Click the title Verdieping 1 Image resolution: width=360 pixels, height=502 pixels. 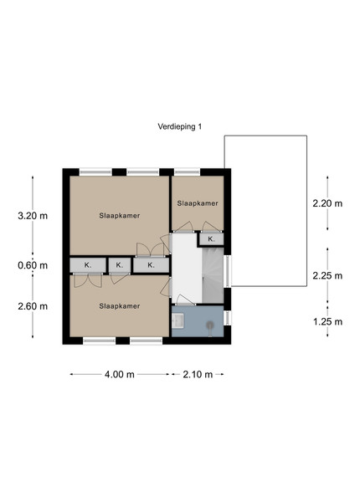(x=180, y=126)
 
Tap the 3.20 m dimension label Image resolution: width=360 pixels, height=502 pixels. (x=33, y=216)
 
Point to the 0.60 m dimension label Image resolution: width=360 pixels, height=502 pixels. (x=33, y=265)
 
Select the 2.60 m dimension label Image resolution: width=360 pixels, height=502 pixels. (x=33, y=306)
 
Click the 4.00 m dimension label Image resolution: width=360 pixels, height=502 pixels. (x=120, y=374)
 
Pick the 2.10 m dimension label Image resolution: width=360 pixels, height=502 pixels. (x=198, y=374)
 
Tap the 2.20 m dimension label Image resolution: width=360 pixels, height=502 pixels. (x=327, y=203)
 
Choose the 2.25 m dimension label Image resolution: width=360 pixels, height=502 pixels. (x=327, y=275)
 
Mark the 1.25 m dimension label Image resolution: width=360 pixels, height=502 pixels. (x=327, y=321)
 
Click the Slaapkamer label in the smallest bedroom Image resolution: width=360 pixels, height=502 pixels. (x=198, y=203)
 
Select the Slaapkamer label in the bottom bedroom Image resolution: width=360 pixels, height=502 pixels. (x=120, y=306)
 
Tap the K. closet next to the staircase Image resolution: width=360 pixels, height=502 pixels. (x=211, y=238)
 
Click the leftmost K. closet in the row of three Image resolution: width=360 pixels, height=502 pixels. (x=88, y=265)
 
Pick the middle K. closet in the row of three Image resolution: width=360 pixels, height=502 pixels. (x=120, y=265)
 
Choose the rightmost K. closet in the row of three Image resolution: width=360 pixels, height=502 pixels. (x=152, y=265)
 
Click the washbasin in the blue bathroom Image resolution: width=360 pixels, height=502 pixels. (x=177, y=320)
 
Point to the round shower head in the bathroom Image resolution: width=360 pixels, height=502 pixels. (x=210, y=325)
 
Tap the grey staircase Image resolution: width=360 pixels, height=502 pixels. (x=213, y=275)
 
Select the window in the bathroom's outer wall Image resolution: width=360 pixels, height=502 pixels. (x=227, y=318)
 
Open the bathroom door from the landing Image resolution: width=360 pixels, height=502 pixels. (x=185, y=300)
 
